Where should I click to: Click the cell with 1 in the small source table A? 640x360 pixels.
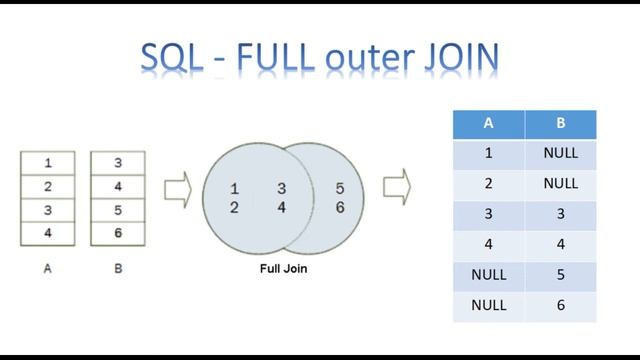coord(46,162)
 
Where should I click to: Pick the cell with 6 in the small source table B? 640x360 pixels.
coord(118,233)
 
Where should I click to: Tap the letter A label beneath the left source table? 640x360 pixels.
coord(47,269)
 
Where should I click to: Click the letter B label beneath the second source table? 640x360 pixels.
coord(118,269)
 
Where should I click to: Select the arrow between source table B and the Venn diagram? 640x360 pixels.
coord(176,187)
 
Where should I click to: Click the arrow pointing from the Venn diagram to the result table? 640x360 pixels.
coord(396,185)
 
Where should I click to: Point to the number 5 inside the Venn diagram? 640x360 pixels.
coord(340,188)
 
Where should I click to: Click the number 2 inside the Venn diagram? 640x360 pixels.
coord(234,207)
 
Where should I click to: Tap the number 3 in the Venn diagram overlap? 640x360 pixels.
coord(282,188)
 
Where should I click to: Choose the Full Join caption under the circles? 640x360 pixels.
coord(283,269)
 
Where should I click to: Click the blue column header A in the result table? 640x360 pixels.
coord(488,124)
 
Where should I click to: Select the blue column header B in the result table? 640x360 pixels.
coord(560,124)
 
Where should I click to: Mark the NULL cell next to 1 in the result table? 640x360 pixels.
coord(560,154)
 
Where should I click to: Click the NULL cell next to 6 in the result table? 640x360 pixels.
coord(488,305)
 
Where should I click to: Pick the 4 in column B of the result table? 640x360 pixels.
coord(560,244)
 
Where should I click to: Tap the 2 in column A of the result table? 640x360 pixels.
coord(488,184)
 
